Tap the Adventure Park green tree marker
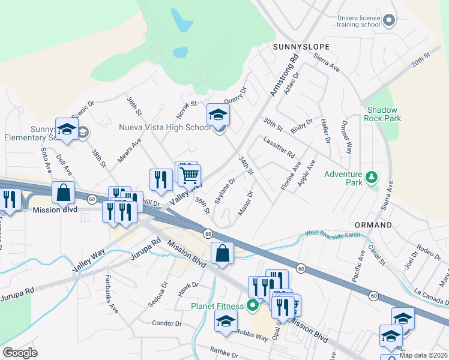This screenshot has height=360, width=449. tap(372, 177)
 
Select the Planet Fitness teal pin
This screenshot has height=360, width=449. tap(252, 306)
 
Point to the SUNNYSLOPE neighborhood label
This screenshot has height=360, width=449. tap(298, 46)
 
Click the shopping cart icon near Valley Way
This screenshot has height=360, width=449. tap(190, 175)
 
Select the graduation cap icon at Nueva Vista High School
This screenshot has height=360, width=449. tap(218, 115)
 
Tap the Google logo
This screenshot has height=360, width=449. tap(20, 352)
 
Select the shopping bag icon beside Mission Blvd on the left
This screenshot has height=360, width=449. tap(63, 193)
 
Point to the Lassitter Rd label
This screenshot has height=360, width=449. tap(279, 146)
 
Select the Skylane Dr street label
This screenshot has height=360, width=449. tap(225, 190)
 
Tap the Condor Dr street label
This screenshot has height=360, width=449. tap(167, 323)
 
